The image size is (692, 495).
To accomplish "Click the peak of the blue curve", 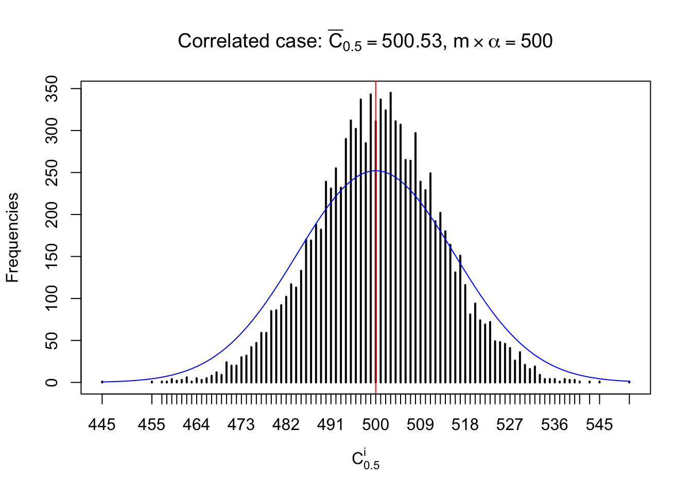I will tap(376, 171).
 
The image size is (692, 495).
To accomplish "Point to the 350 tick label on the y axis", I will tap(52, 89).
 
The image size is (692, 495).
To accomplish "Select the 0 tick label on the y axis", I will tap(52, 382).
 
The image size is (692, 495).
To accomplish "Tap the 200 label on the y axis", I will tap(52, 214).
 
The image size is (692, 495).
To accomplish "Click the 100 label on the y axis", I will tap(52, 299).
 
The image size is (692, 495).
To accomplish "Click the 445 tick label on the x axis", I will tap(102, 425).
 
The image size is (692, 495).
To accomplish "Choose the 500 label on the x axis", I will tap(375, 425).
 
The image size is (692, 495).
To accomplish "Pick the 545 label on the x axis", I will tap(599, 425).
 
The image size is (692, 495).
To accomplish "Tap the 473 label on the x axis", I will tap(241, 425).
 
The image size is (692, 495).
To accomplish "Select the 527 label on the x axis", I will tap(510, 425).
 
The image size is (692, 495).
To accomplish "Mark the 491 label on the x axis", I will tap(331, 425).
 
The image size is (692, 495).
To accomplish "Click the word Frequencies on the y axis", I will tap(12, 237).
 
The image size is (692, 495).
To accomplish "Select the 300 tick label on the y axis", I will tap(52, 130).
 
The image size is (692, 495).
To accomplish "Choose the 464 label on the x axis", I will tap(196, 425).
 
